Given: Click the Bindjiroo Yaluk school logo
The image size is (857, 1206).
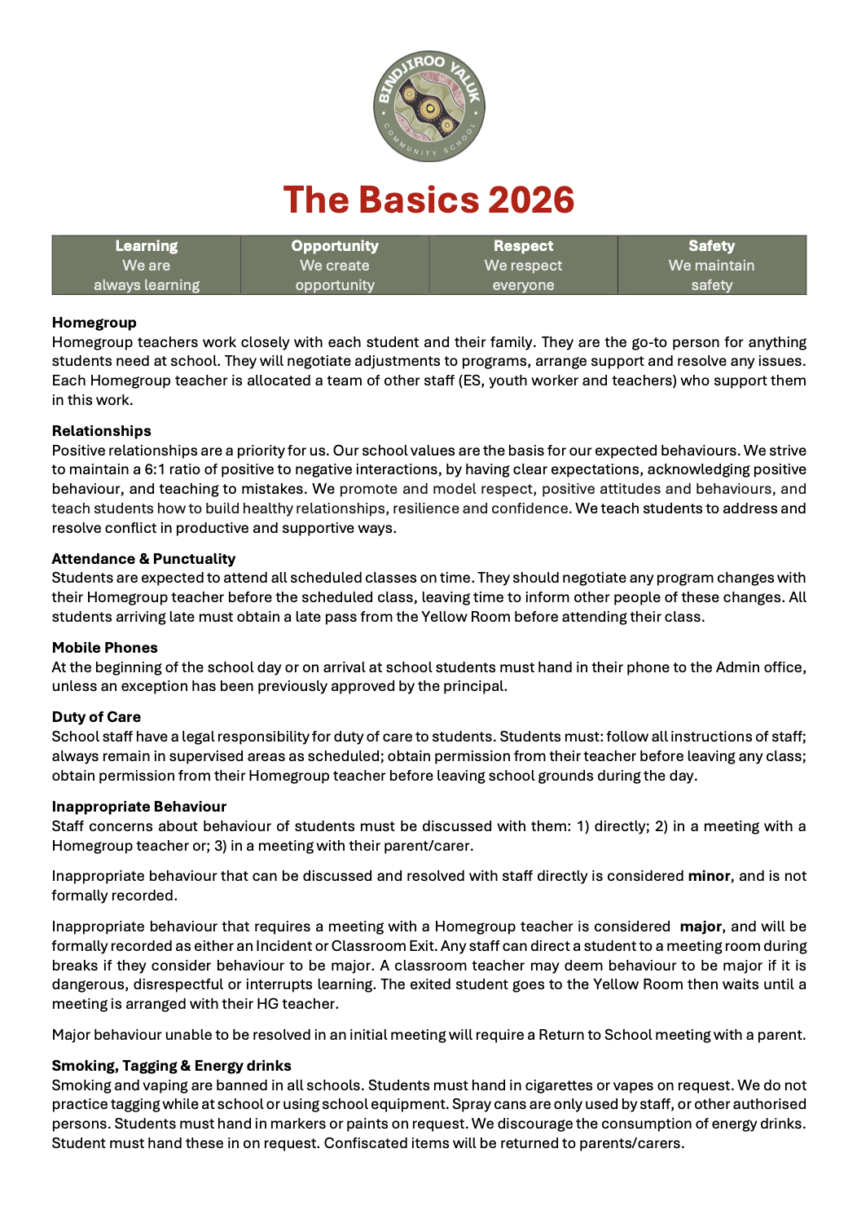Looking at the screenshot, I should pyautogui.click(x=429, y=106).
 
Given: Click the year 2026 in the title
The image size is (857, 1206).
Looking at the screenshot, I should pyautogui.click(x=531, y=200).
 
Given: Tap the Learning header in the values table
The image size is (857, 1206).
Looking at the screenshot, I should pyautogui.click(x=147, y=246).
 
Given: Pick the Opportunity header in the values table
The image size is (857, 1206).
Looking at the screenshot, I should pyautogui.click(x=335, y=246).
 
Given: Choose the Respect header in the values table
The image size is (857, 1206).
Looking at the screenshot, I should pyautogui.click(x=523, y=246).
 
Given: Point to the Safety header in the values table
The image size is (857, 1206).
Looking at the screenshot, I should pyautogui.click(x=711, y=246).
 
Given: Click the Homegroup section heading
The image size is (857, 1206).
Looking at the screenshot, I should pyautogui.click(x=94, y=323).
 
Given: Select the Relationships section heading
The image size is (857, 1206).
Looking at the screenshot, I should pyautogui.click(x=102, y=431).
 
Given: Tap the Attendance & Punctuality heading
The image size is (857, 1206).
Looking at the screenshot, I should pyautogui.click(x=143, y=559).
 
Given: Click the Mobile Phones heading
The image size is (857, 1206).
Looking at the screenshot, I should pyautogui.click(x=105, y=648).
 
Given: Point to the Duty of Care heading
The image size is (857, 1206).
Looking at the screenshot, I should pyautogui.click(x=96, y=717).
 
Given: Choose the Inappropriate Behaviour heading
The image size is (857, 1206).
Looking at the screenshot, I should pyautogui.click(x=139, y=807).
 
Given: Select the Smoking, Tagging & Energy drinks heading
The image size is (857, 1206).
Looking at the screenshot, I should pyautogui.click(x=171, y=1066).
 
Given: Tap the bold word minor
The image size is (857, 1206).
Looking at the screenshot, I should pyautogui.click(x=709, y=876).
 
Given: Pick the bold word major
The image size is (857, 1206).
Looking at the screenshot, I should pyautogui.click(x=700, y=927).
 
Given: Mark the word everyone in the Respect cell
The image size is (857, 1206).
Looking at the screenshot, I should pyautogui.click(x=523, y=285).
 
